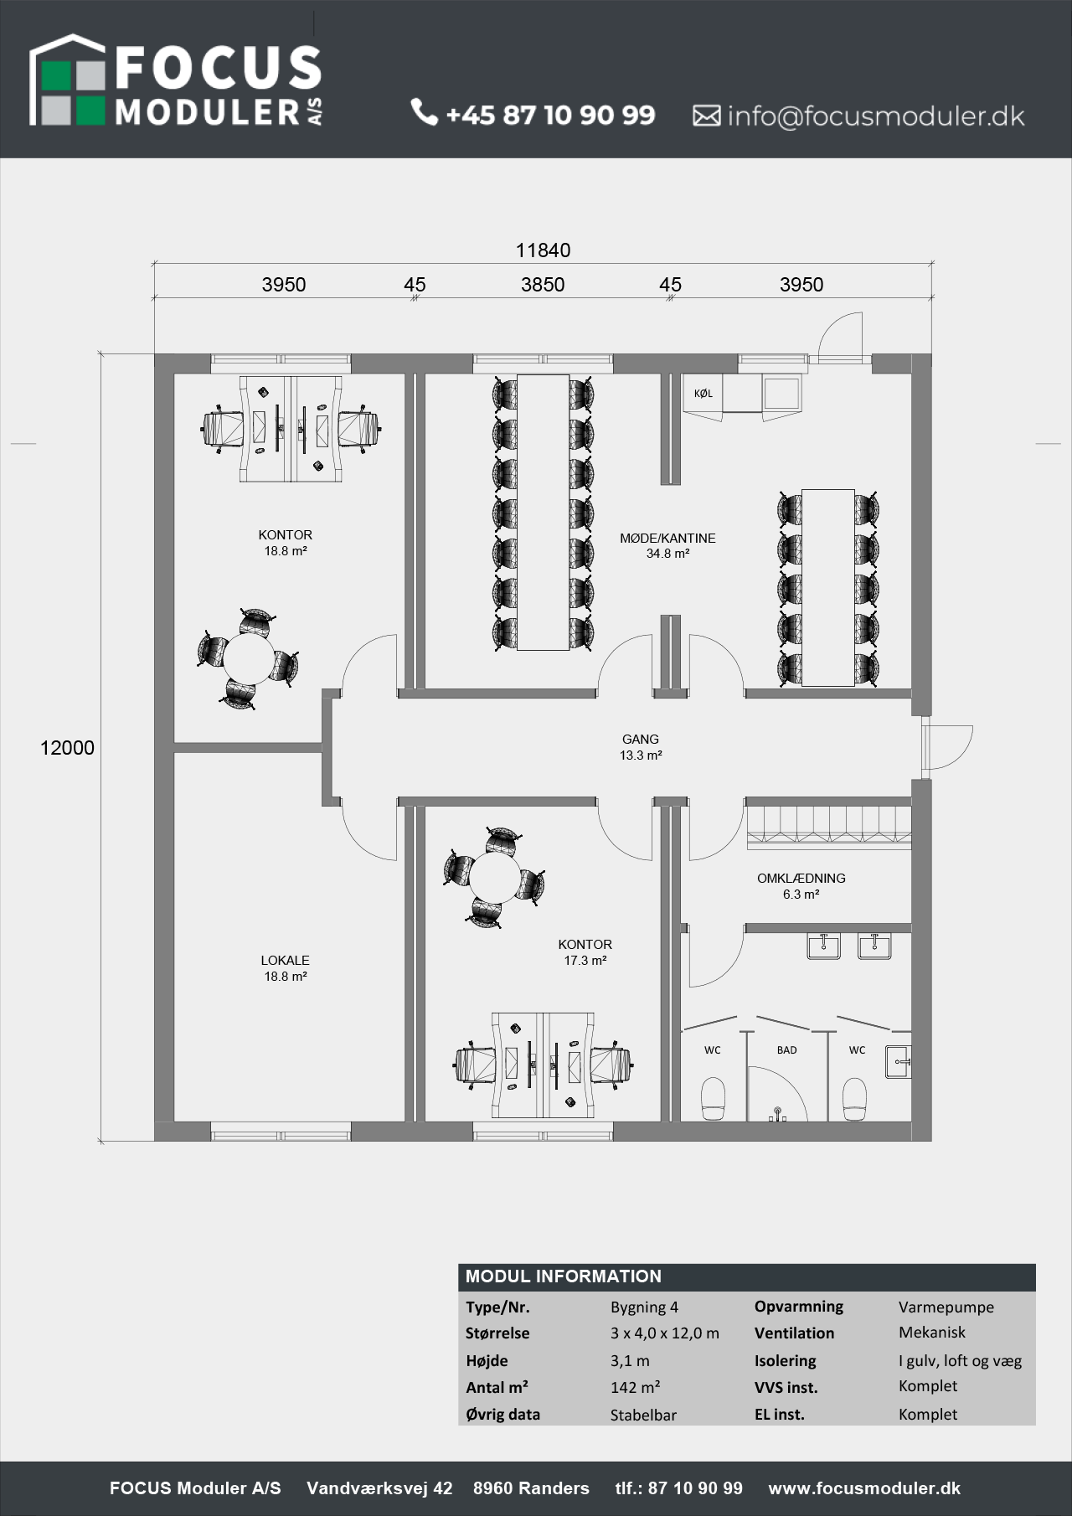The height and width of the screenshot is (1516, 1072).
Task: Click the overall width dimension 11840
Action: click(543, 250)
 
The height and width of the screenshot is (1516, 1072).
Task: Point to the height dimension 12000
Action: click(67, 748)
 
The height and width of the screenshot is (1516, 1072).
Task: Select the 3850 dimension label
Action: click(543, 285)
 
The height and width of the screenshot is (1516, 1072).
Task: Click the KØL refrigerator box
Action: click(703, 393)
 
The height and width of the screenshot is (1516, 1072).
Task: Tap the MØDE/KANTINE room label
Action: click(667, 539)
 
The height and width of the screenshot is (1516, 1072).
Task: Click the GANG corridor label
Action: click(641, 740)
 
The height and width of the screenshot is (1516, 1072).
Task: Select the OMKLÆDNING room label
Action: click(801, 879)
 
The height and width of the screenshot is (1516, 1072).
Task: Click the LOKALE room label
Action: click(285, 961)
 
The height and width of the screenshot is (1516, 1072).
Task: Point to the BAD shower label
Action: click(786, 1050)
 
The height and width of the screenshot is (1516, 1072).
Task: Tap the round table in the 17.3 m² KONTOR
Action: click(494, 877)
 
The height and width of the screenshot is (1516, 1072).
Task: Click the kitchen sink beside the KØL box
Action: click(781, 393)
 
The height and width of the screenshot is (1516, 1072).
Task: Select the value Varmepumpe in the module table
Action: click(946, 1307)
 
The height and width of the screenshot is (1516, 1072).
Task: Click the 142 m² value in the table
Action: click(636, 1388)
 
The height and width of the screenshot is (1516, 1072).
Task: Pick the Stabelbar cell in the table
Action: click(643, 1415)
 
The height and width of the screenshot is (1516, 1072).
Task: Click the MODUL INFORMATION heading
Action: click(564, 1276)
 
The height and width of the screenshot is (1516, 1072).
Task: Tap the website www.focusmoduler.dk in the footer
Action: click(864, 1488)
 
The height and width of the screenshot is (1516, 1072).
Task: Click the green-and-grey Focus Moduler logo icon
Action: click(67, 81)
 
